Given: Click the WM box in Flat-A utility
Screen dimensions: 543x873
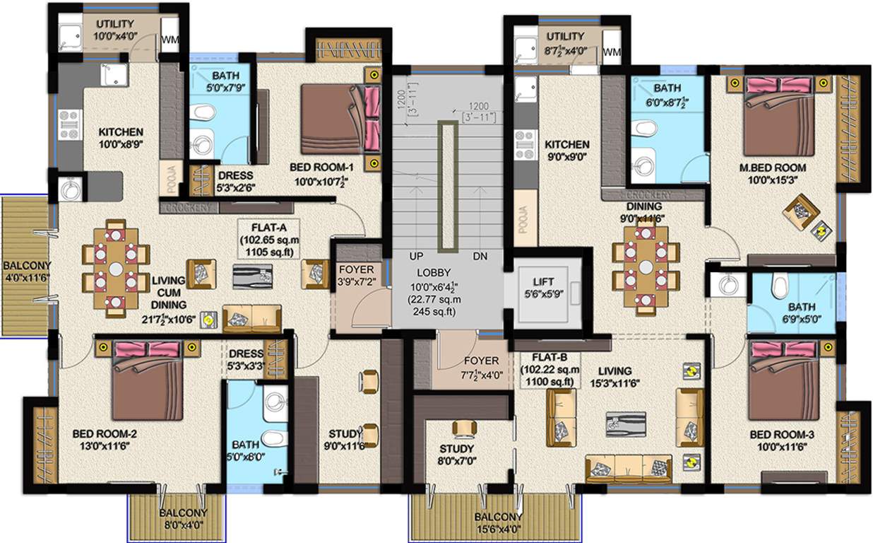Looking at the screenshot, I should click(x=170, y=40).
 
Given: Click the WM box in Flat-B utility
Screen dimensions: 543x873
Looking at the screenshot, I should click(x=612, y=52).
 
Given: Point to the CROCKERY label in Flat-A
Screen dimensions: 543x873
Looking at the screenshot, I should click(x=187, y=208).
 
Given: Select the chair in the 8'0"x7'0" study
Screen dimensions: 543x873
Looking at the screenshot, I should click(x=464, y=428).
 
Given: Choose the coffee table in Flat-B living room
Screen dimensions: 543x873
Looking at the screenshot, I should click(x=624, y=423).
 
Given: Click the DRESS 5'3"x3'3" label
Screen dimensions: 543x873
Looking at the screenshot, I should click(x=247, y=359).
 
